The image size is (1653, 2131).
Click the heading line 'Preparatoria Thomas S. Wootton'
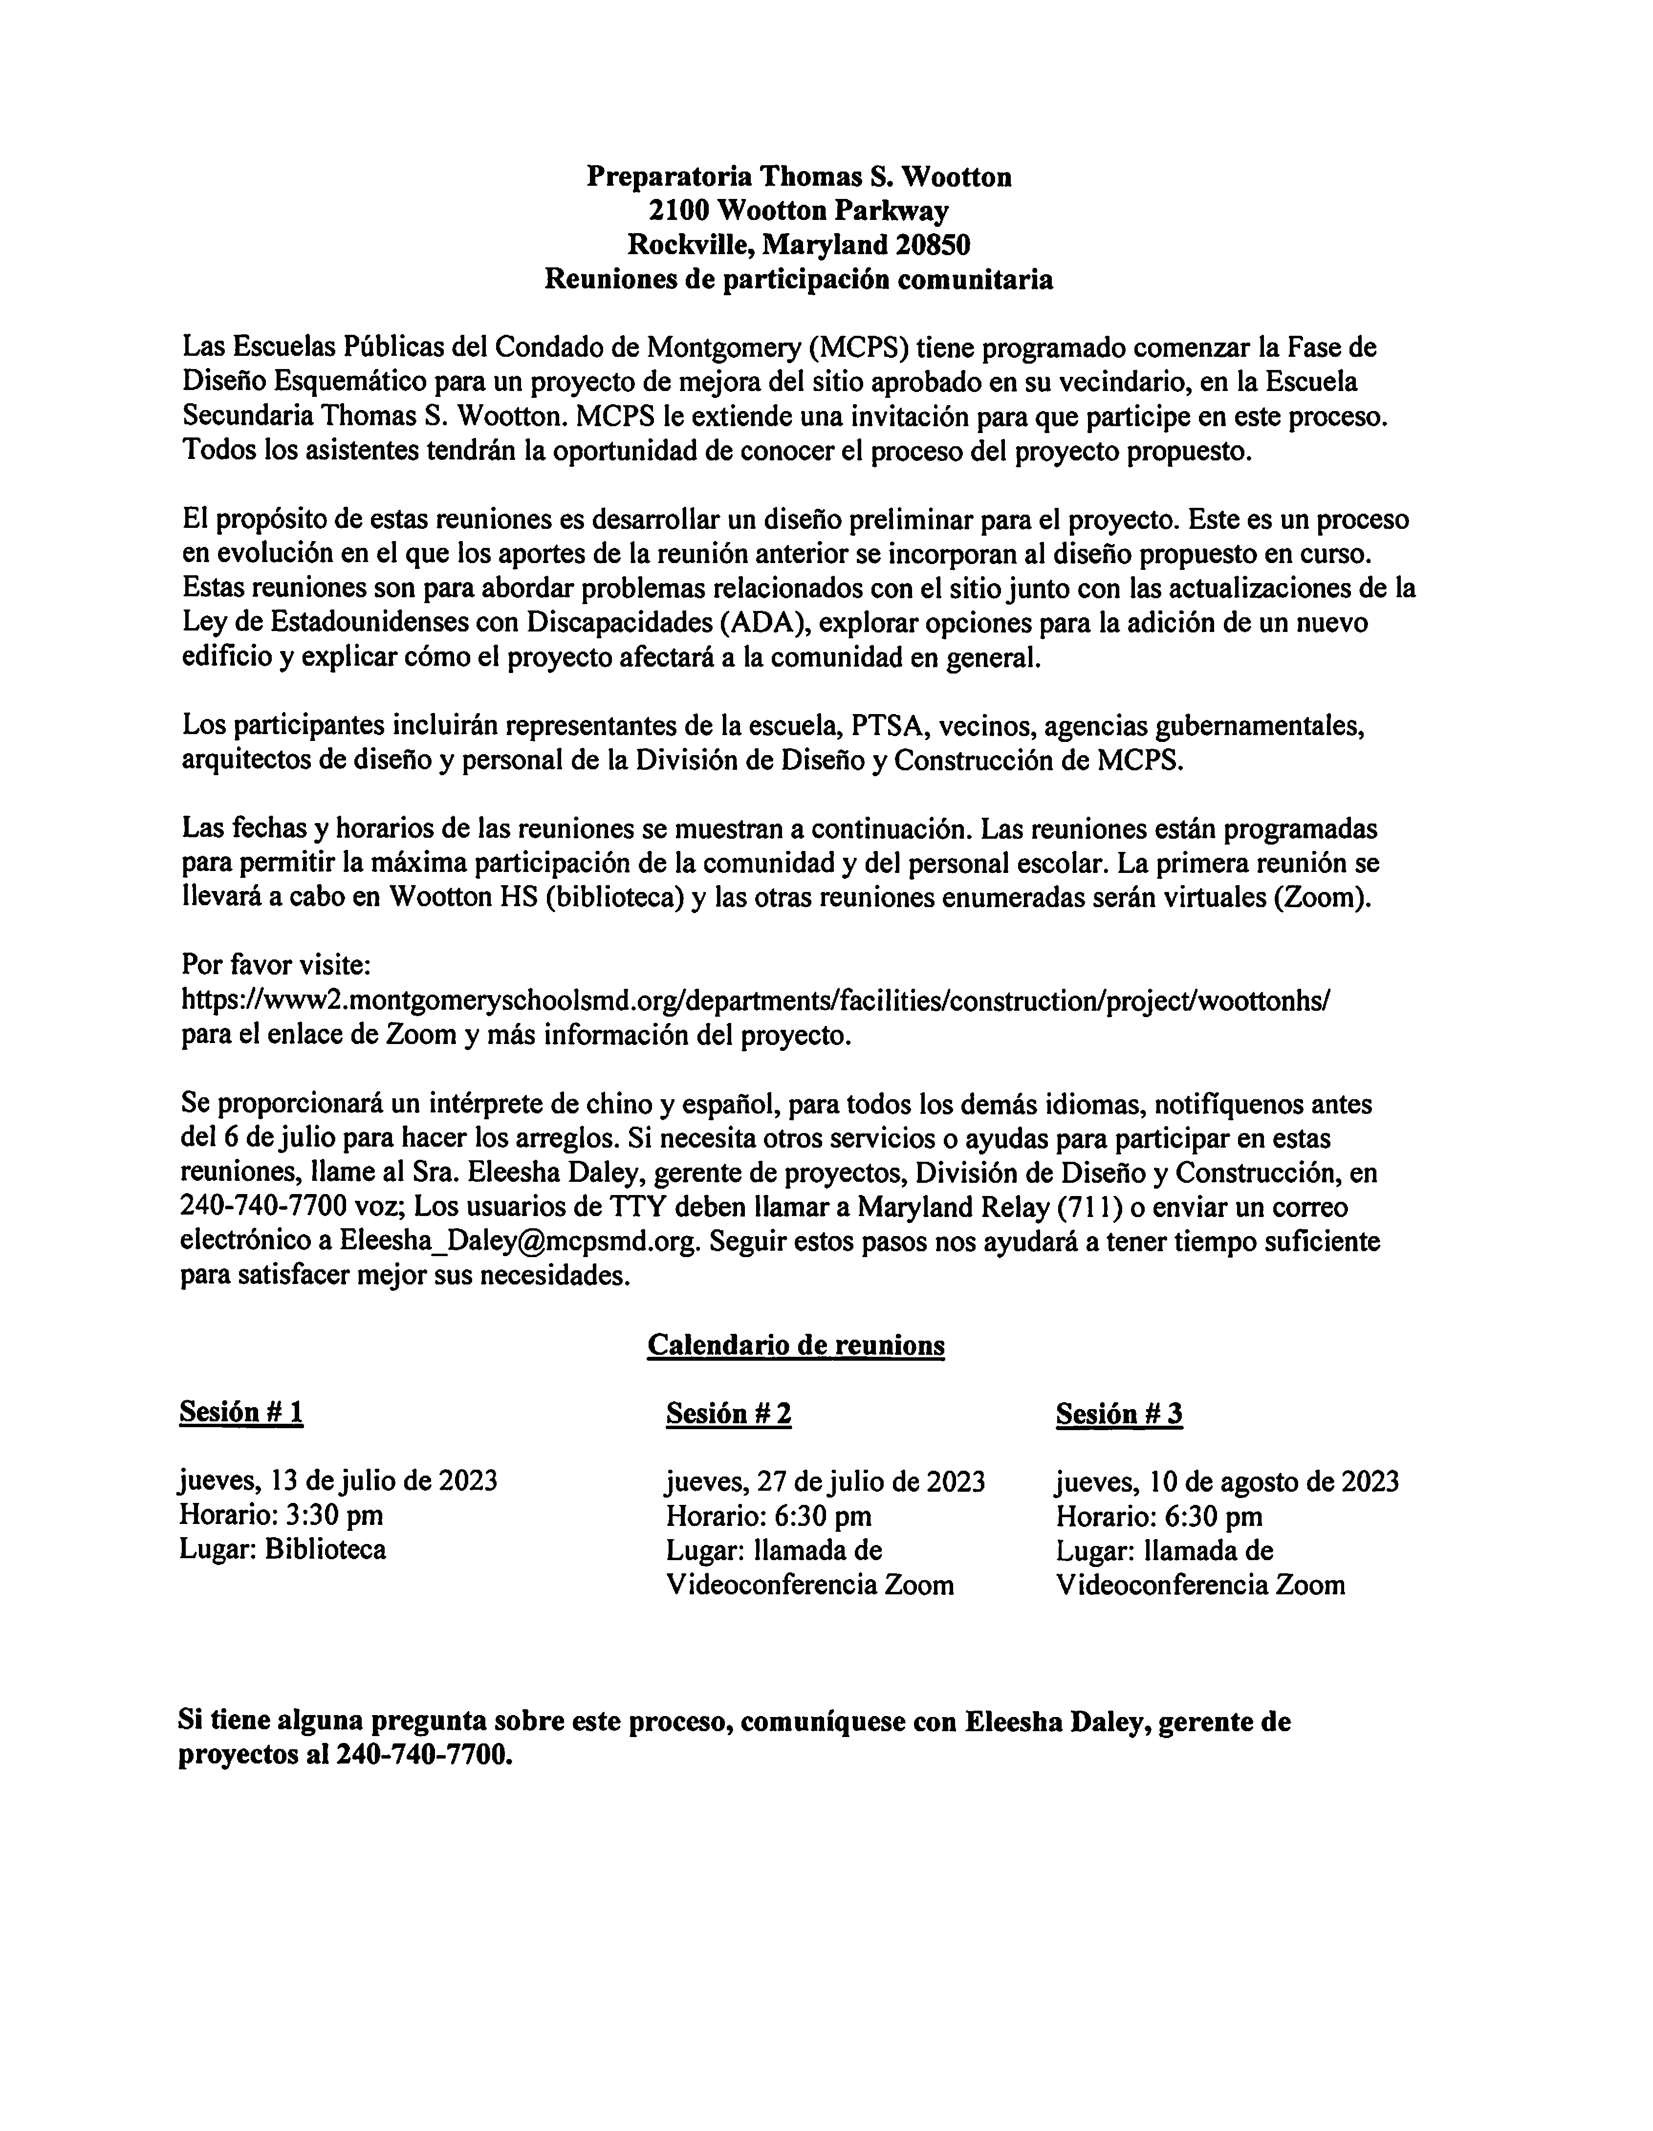click(798, 176)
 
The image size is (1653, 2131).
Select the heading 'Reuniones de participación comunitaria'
click(798, 280)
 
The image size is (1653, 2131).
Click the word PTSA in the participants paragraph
click(887, 726)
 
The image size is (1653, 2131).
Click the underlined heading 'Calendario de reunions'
click(795, 1346)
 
